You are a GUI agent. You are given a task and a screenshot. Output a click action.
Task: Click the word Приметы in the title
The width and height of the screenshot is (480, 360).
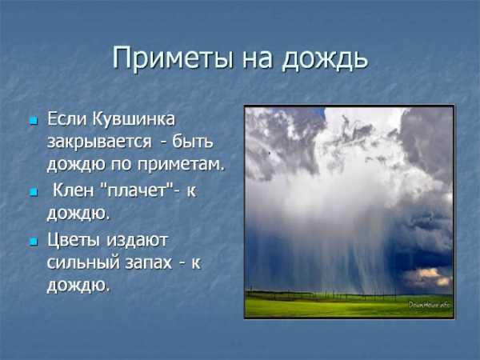(x=172, y=58)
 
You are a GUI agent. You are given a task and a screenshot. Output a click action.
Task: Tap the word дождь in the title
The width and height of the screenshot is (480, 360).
(x=325, y=58)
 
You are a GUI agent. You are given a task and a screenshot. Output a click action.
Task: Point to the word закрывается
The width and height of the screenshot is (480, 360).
(x=99, y=142)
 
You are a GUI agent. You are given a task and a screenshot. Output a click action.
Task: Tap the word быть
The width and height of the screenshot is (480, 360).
(x=193, y=142)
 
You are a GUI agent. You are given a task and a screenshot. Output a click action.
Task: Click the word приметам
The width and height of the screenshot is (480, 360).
(x=181, y=165)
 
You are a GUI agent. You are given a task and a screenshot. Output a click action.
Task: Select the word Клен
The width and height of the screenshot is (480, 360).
(x=73, y=190)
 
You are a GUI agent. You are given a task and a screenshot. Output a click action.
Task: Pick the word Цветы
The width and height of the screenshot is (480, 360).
(x=74, y=241)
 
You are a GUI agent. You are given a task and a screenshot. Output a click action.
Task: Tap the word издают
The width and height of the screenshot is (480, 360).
(x=137, y=240)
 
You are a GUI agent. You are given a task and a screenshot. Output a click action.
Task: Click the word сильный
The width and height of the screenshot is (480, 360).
(x=82, y=262)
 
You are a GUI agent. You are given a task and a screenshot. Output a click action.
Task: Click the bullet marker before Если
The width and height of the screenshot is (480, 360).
(x=34, y=120)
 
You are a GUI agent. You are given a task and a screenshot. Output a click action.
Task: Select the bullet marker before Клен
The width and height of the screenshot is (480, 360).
(x=34, y=192)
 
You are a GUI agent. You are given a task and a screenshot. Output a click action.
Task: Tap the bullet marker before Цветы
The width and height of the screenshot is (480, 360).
(x=34, y=242)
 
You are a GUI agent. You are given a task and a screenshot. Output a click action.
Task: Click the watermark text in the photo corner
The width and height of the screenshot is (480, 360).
(x=429, y=305)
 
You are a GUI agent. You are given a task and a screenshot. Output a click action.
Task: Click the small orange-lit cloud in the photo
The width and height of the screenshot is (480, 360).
(x=428, y=276)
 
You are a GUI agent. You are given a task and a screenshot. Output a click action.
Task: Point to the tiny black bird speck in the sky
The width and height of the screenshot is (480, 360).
(x=270, y=153)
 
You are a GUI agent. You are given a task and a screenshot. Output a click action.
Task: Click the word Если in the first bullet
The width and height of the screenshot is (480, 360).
(x=66, y=119)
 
